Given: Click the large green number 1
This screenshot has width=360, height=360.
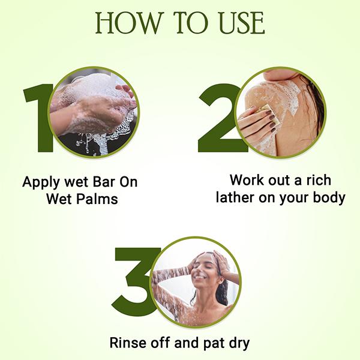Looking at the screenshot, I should pyautogui.click(x=37, y=120).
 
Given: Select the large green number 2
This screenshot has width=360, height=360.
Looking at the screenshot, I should pyautogui.click(x=217, y=120).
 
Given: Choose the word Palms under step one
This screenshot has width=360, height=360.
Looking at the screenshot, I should pyautogui.click(x=97, y=199).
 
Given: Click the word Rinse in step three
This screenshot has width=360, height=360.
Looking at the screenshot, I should pyautogui.click(x=127, y=343).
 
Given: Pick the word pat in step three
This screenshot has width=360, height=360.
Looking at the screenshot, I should pyautogui.click(x=208, y=343).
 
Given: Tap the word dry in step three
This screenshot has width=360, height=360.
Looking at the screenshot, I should pyautogui.click(x=236, y=343).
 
